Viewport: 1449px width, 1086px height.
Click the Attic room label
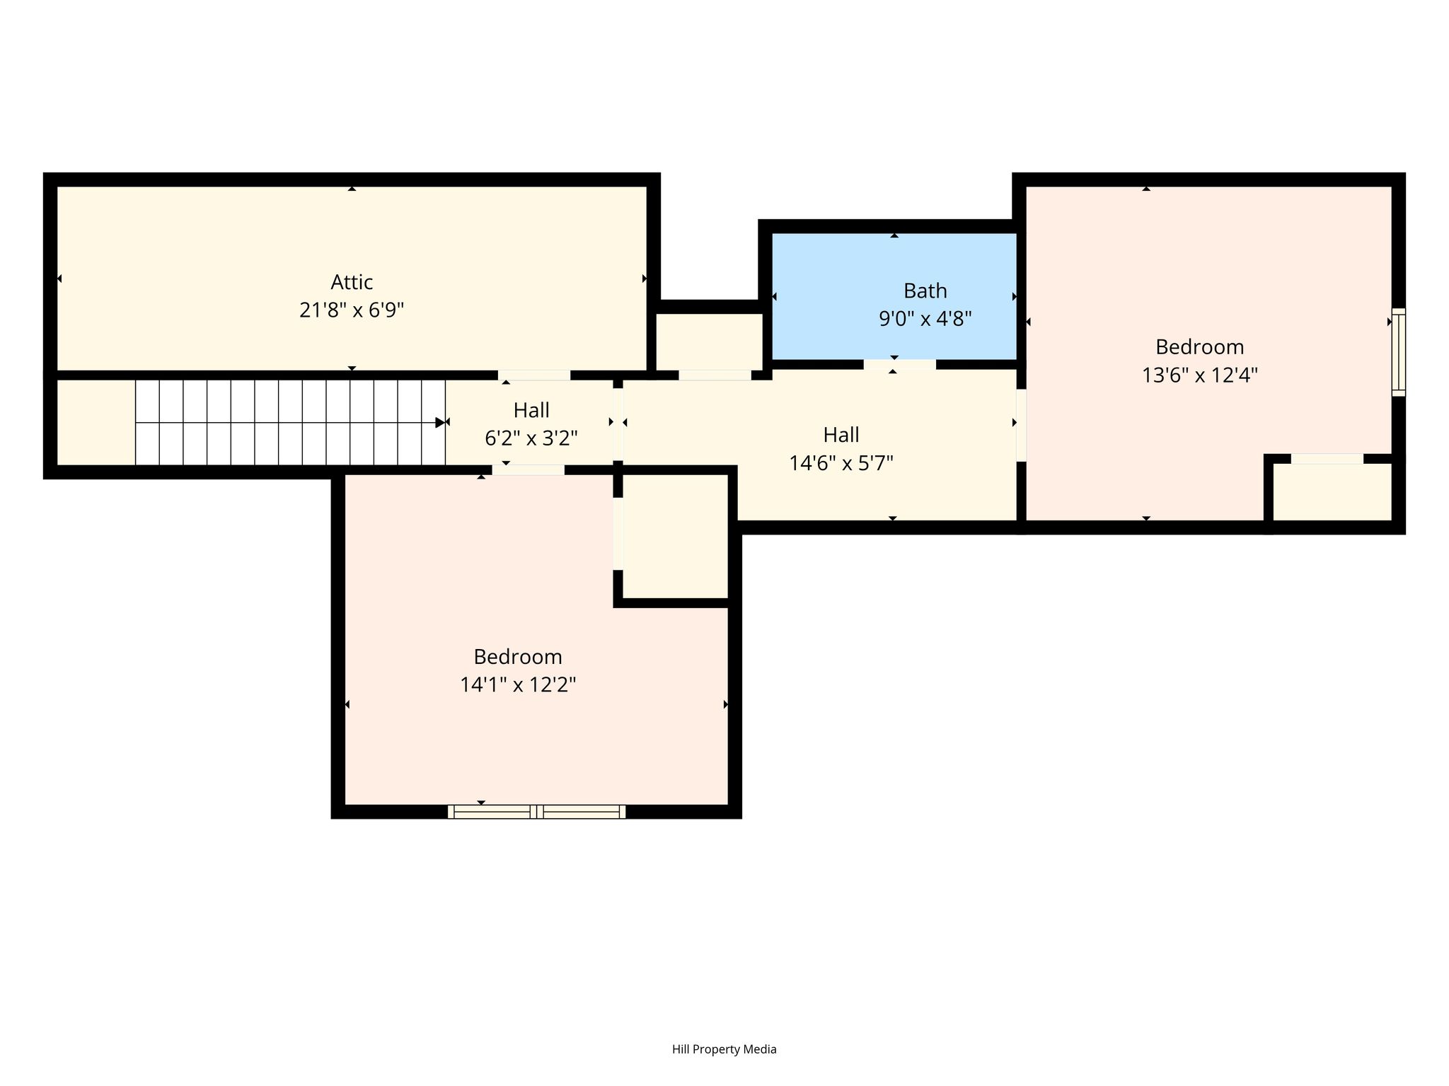click(x=352, y=282)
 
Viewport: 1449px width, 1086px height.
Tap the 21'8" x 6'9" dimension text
click(x=352, y=310)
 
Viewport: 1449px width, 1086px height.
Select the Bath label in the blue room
click(x=925, y=291)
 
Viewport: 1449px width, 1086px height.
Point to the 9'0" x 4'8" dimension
click(x=925, y=319)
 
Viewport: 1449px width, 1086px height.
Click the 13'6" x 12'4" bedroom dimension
click(x=1199, y=375)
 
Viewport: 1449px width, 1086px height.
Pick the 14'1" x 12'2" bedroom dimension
click(x=518, y=685)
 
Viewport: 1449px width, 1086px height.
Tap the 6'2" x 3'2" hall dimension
click(x=531, y=438)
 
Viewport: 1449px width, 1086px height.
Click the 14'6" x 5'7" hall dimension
click(x=841, y=463)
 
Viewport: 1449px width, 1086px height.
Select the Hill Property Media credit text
click(x=724, y=1049)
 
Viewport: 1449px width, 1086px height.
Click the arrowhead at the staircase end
click(x=440, y=423)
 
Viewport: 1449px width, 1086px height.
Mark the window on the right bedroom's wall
click(x=1399, y=352)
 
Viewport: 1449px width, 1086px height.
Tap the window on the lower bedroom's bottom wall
click(x=536, y=812)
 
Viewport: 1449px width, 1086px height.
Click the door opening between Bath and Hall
click(x=899, y=365)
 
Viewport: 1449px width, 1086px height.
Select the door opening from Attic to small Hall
click(x=534, y=375)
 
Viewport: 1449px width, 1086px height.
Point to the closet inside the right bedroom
click(x=1332, y=492)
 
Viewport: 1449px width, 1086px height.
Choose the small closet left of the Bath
click(x=709, y=341)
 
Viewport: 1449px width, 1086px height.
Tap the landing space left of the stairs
click(x=96, y=423)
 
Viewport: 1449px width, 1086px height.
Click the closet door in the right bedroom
click(x=1327, y=459)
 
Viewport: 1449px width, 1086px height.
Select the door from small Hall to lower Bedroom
click(x=529, y=469)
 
